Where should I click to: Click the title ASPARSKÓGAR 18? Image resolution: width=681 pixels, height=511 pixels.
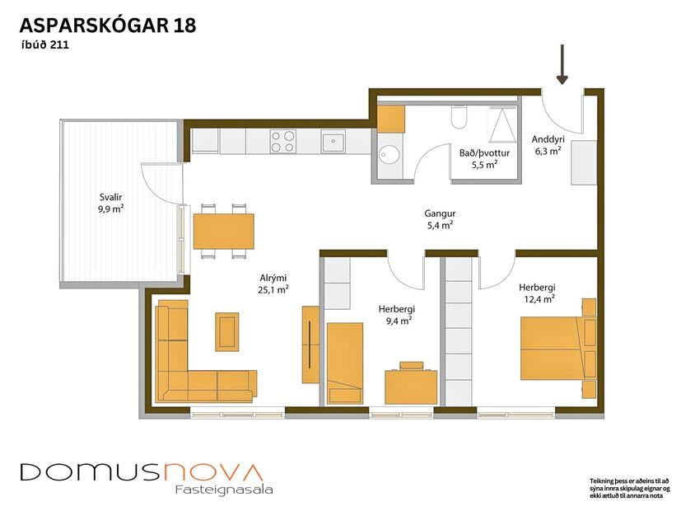pyautogui.click(x=108, y=26)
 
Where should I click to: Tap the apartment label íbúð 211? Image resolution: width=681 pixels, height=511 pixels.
pyautogui.click(x=45, y=46)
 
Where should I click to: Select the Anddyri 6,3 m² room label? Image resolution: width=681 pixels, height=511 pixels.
pyautogui.click(x=548, y=145)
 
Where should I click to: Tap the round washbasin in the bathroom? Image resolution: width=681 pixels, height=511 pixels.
pyautogui.click(x=389, y=153)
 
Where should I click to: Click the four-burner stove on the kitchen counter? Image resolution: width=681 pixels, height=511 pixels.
pyautogui.click(x=283, y=142)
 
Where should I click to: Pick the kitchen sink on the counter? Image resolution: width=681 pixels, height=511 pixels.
pyautogui.click(x=334, y=142)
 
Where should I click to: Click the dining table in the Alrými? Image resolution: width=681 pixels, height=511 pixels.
pyautogui.click(x=223, y=231)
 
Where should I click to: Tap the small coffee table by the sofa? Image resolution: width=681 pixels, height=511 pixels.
pyautogui.click(x=227, y=331)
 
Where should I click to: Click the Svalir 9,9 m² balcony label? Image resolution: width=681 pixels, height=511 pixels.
pyautogui.click(x=106, y=203)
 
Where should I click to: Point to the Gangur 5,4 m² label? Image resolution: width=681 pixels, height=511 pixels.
pyautogui.click(x=441, y=218)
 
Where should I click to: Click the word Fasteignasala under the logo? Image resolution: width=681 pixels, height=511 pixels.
pyautogui.click(x=223, y=490)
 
